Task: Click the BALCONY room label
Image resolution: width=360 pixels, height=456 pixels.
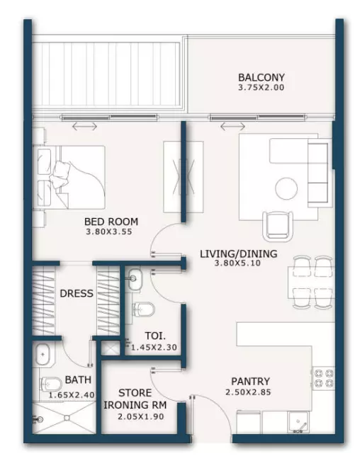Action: pos(261,77)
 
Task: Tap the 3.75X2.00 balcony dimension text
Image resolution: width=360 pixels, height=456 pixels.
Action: pos(261,88)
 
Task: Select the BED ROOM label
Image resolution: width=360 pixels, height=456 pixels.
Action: pos(111,222)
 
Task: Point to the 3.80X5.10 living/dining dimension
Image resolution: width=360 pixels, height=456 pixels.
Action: pos(237,263)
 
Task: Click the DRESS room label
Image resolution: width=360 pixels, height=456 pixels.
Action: pos(77,293)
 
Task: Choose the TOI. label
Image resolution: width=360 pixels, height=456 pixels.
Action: pos(155,336)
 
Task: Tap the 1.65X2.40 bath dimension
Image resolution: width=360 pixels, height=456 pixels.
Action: pos(72,395)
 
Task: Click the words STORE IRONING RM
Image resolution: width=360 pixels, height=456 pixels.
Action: pos(135,399)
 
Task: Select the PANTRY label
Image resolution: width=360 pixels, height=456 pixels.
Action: pos(250,381)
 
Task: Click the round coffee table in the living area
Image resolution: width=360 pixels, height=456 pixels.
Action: pos(286,189)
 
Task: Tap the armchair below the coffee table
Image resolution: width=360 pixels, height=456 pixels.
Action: pos(278,226)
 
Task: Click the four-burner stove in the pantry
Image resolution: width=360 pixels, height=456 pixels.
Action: pos(323,378)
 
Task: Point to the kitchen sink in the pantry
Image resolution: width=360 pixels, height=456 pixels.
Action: pos(298,422)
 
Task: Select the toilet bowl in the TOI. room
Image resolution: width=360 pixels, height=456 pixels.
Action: pos(143,309)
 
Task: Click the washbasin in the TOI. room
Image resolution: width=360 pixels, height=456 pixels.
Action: pos(135,278)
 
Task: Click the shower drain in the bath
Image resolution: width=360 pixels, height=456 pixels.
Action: pos(67,418)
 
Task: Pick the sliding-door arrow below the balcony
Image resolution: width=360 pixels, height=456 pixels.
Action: pos(232,126)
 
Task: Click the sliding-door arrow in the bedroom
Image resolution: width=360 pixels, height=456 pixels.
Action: pos(84,126)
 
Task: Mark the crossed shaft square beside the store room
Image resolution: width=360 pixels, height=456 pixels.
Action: pos(111,347)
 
